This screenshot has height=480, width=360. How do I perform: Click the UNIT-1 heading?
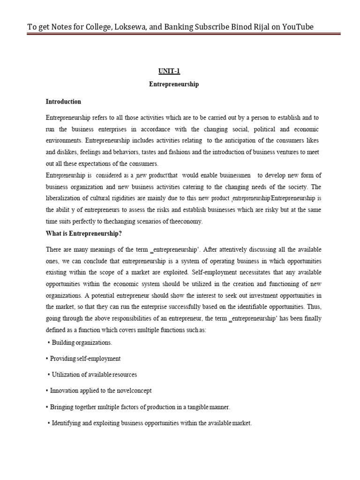click(x=168, y=71)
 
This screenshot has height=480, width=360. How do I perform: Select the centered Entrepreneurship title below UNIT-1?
click(x=174, y=85)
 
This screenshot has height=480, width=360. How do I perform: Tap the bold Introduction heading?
click(x=63, y=102)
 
